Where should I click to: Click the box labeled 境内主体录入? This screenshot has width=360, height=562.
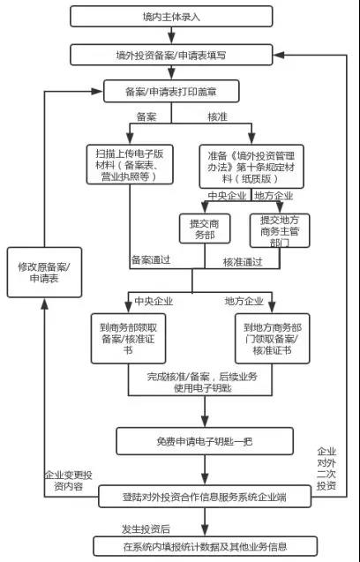(171, 17)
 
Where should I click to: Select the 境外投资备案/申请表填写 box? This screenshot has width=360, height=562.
(171, 55)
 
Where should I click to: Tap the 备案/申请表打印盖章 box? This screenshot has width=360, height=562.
(171, 92)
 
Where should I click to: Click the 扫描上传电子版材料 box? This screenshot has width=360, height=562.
(130, 165)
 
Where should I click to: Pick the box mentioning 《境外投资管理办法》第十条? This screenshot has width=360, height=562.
(251, 167)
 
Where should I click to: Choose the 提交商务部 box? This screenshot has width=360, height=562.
(205, 229)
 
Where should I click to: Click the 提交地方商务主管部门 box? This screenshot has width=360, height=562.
(280, 230)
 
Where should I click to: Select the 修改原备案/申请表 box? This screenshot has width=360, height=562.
(44, 273)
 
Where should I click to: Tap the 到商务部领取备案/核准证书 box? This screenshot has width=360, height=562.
(128, 339)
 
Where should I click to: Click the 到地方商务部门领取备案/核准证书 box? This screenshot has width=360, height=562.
(273, 339)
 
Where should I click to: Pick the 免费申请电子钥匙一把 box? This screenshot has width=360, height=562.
(205, 441)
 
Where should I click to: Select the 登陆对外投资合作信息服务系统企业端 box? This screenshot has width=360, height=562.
(205, 497)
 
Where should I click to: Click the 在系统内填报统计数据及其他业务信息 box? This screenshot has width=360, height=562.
(206, 546)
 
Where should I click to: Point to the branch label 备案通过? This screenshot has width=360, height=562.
(151, 259)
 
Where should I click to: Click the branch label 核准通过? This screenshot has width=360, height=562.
(243, 262)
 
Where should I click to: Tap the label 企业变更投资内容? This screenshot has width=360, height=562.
(69, 481)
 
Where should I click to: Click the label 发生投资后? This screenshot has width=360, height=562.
(146, 529)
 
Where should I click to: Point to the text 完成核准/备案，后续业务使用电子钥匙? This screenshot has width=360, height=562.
(202, 382)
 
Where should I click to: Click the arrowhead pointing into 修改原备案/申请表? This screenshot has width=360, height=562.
(44, 303)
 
